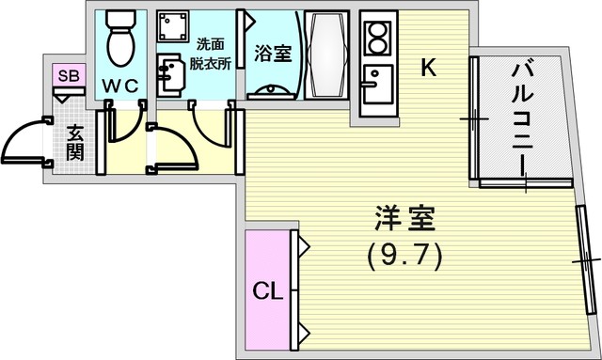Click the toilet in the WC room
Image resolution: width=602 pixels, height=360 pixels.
(x=120, y=39)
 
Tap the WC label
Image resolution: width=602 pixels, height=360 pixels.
(x=120, y=86)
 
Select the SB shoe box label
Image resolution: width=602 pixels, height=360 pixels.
(x=69, y=76)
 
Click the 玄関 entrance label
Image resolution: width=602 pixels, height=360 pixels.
(x=74, y=143)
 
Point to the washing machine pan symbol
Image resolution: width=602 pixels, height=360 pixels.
(x=173, y=26)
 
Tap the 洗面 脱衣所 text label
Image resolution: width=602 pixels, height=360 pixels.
(x=211, y=55)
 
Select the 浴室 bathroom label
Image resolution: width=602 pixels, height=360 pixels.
(x=273, y=54)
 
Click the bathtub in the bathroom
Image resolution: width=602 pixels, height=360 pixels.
(x=326, y=55)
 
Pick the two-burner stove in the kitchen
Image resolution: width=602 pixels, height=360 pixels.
(x=378, y=38)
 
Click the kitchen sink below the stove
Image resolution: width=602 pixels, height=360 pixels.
(x=378, y=84)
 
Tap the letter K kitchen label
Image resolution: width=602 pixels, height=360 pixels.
(x=429, y=68)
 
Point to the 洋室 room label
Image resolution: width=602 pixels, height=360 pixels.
(x=404, y=218)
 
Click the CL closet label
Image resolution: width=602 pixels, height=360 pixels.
(x=267, y=291)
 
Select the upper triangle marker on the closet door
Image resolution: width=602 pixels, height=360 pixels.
(x=303, y=245)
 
